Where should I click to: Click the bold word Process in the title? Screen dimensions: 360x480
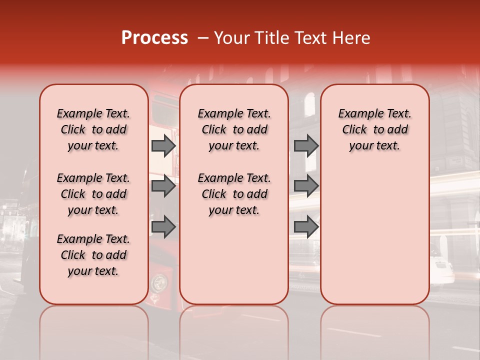point(154,38)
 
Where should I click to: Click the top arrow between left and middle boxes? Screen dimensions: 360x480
point(163,146)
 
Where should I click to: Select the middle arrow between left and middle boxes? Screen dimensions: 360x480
point(163,186)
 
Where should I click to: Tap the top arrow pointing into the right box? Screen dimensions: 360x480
point(306,146)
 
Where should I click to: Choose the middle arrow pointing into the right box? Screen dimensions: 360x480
point(306,186)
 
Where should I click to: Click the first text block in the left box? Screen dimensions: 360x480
point(93,129)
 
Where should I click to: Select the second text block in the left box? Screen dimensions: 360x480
point(93,194)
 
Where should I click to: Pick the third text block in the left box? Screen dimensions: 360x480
point(93,255)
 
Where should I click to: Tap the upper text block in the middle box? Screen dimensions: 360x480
point(234,129)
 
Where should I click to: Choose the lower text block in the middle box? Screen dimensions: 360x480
point(234,194)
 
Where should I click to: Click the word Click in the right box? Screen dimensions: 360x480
point(354,129)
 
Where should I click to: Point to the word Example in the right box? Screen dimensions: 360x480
point(357,114)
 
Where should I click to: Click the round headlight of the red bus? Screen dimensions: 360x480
point(159,283)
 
